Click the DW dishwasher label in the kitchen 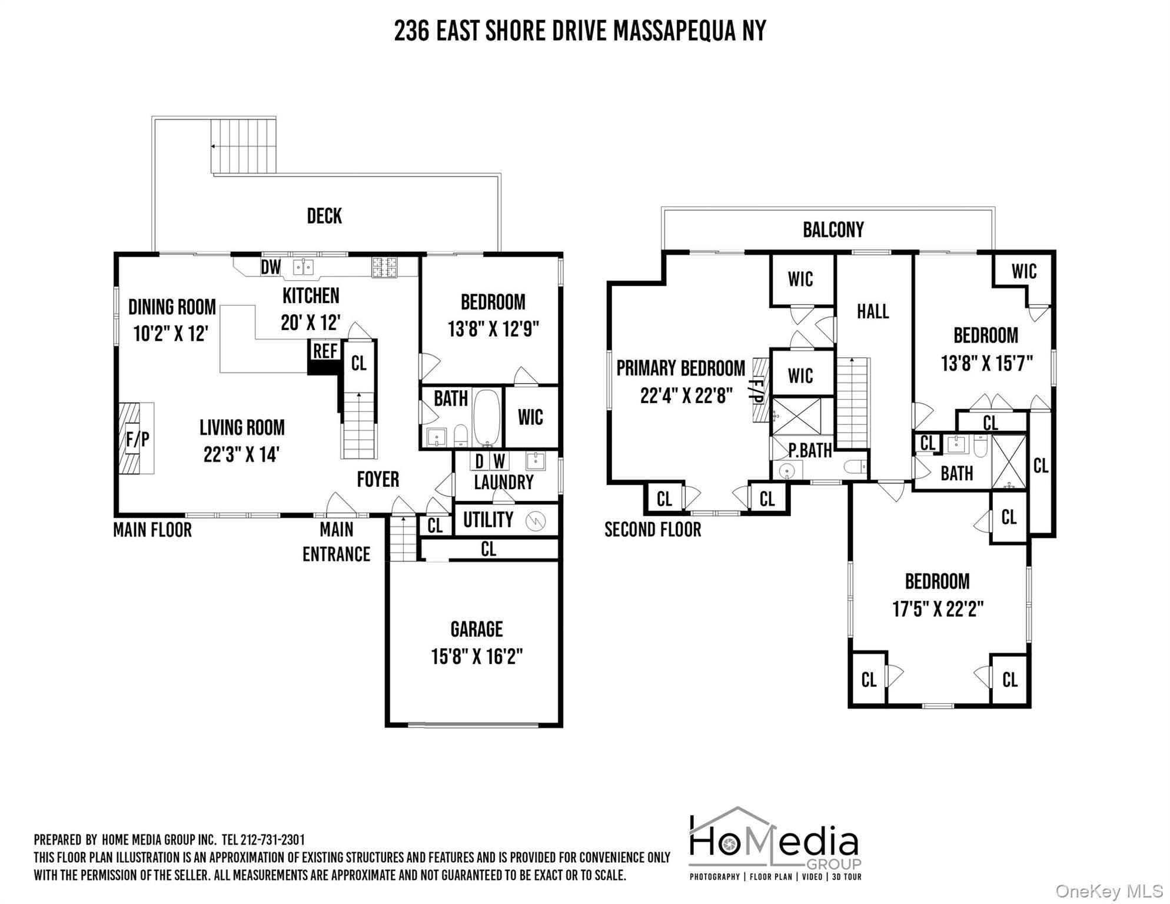(x=271, y=267)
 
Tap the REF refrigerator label (x=325, y=351)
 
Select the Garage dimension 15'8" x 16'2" (x=477, y=656)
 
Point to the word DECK (x=324, y=216)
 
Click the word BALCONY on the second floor (x=833, y=230)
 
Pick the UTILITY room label (x=488, y=520)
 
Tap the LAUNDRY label (x=504, y=483)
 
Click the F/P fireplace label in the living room (x=138, y=439)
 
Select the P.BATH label (x=810, y=451)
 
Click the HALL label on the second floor (x=873, y=311)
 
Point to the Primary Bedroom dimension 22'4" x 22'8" (x=686, y=396)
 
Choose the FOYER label (x=378, y=480)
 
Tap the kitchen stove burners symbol (x=384, y=267)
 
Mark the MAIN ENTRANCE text (x=337, y=542)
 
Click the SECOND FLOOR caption (x=653, y=530)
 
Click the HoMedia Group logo (x=775, y=843)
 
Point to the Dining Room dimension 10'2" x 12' (x=171, y=334)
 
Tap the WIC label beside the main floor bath (x=530, y=417)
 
